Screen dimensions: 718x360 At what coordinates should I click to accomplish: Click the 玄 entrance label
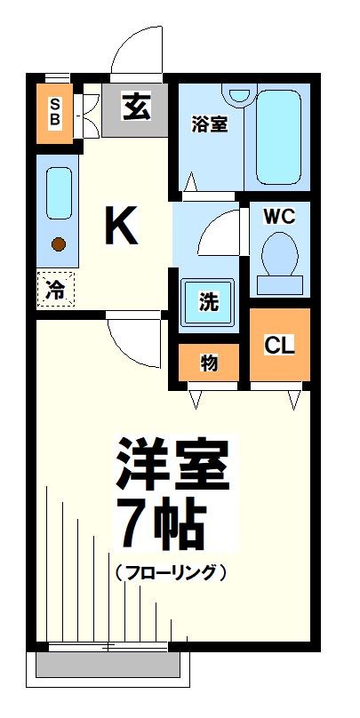(136, 108)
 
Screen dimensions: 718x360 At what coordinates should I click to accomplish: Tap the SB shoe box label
(55, 111)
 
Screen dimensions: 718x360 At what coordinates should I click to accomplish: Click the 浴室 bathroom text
(210, 125)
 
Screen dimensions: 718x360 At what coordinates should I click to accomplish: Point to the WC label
(279, 216)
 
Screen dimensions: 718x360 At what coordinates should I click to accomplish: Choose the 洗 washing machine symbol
(208, 301)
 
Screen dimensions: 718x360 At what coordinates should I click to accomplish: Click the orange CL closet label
(279, 344)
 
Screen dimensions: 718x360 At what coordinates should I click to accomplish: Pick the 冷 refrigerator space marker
(55, 289)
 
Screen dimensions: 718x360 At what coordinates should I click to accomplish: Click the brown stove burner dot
(58, 243)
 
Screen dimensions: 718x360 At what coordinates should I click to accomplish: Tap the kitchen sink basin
(58, 191)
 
